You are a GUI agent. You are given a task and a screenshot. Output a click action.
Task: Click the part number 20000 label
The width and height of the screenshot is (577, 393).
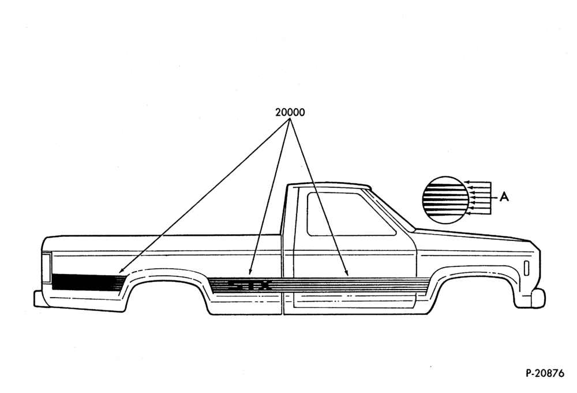coord(290,112)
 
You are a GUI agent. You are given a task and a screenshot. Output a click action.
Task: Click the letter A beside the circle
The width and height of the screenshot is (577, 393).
coord(504,197)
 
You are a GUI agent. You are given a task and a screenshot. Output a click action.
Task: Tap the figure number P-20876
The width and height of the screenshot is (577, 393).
coord(545,373)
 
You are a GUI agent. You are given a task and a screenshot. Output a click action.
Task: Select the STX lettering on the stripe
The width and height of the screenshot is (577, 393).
coord(250,285)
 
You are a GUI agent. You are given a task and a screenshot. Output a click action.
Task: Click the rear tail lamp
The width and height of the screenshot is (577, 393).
coord(46,267)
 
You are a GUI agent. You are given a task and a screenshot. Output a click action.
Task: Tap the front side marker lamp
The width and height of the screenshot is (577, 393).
coord(526,268)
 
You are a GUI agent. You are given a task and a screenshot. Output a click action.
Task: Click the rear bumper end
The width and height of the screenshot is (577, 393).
coord(38,299)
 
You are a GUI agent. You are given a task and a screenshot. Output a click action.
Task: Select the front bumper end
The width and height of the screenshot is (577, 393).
coord(538,297)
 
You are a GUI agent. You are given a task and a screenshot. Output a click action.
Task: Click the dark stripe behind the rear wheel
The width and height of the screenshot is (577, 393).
coord(87,282)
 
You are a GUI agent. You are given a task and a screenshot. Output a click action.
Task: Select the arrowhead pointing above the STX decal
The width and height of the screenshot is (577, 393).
coord(250,272)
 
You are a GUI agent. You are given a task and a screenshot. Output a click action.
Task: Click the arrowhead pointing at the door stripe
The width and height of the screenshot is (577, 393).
coord(347,273)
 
